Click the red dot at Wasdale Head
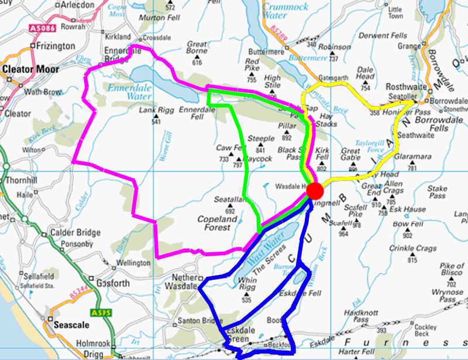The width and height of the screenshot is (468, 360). tap(315, 191)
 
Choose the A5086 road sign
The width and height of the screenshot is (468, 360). tap(41, 28)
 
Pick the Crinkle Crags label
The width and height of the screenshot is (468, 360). tap(414, 248)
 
